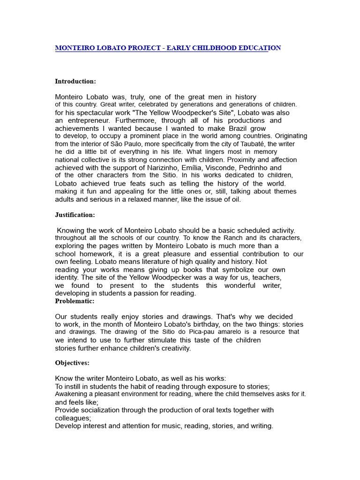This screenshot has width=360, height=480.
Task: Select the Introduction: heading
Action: [75, 81]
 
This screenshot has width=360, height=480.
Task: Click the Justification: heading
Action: [75, 215]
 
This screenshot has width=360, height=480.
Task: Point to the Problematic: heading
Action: [75, 301]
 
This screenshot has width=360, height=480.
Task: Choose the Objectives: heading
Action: [72, 363]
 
